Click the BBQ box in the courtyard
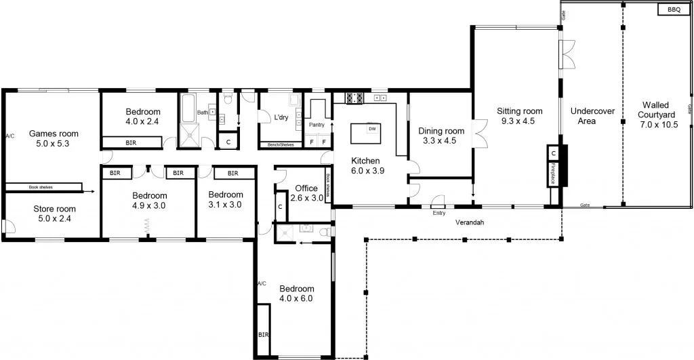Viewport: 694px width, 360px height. (673, 9)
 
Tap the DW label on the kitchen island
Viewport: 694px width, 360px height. (371, 129)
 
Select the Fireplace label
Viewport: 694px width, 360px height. (553, 174)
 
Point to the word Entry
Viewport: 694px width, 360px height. (439, 213)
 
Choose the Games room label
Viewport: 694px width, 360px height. (54, 134)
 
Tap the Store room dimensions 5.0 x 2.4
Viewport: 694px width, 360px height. (54, 219)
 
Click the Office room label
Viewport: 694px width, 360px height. (306, 189)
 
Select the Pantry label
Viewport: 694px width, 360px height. (317, 125)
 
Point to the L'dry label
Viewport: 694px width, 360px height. (283, 119)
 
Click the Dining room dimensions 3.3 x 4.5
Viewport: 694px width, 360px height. (441, 141)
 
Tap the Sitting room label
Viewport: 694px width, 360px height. (519, 111)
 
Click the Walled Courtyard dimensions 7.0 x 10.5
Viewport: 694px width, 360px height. (656, 125)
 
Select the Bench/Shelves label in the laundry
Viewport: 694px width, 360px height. (281, 144)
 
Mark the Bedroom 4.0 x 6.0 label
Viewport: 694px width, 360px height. (296, 289)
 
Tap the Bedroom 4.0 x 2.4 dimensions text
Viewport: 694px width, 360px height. (142, 122)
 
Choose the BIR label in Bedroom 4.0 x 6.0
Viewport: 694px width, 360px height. (264, 335)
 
